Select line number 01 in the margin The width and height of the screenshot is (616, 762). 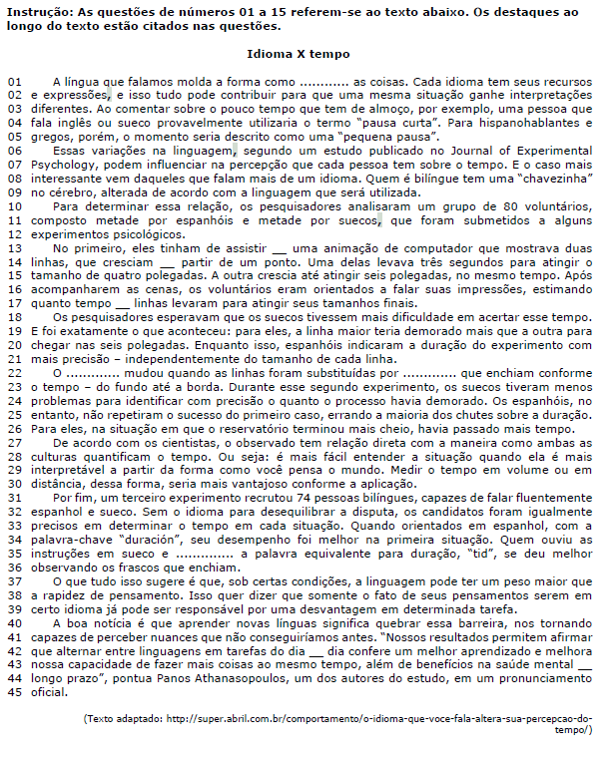click(x=14, y=79)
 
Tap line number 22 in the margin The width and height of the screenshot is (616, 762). click(x=14, y=372)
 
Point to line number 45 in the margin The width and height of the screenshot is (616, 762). click(x=14, y=693)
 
